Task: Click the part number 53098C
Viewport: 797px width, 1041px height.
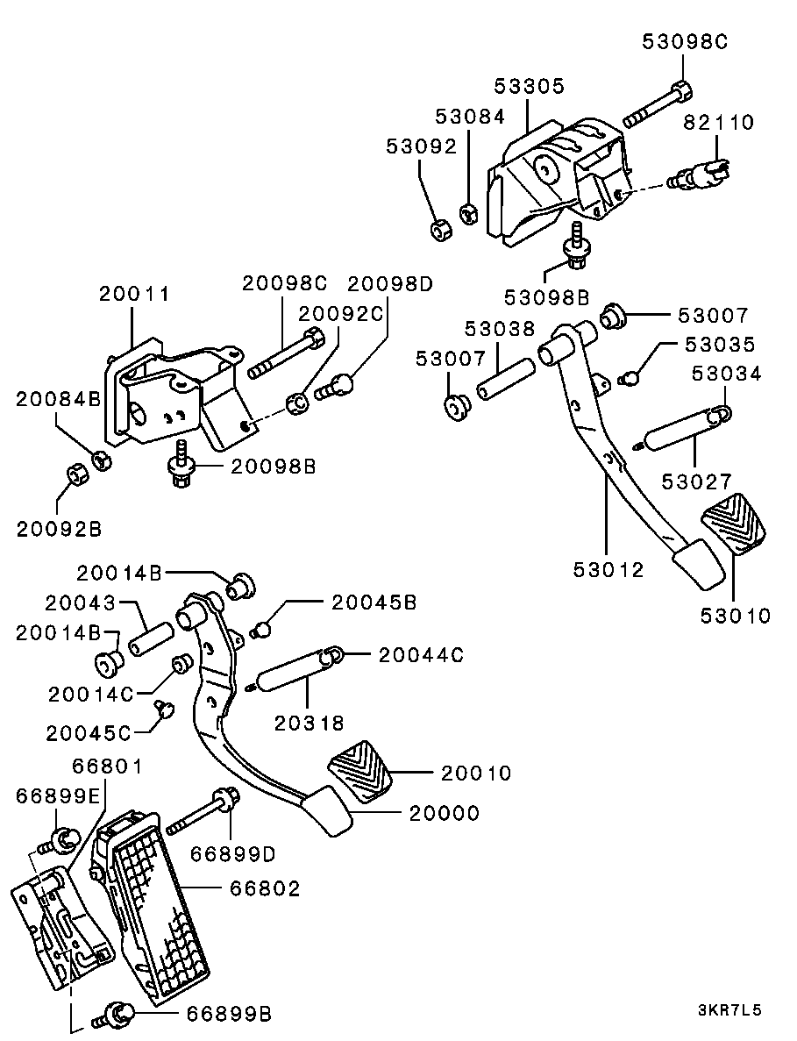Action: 684,42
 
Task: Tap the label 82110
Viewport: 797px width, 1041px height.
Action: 719,122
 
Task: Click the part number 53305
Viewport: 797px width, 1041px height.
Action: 529,86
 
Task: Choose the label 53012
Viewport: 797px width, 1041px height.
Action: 608,570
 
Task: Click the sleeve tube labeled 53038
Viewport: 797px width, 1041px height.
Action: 503,380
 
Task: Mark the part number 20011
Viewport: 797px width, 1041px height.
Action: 135,294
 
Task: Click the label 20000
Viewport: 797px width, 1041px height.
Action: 444,813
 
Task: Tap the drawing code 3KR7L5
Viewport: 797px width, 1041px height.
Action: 729,1011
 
